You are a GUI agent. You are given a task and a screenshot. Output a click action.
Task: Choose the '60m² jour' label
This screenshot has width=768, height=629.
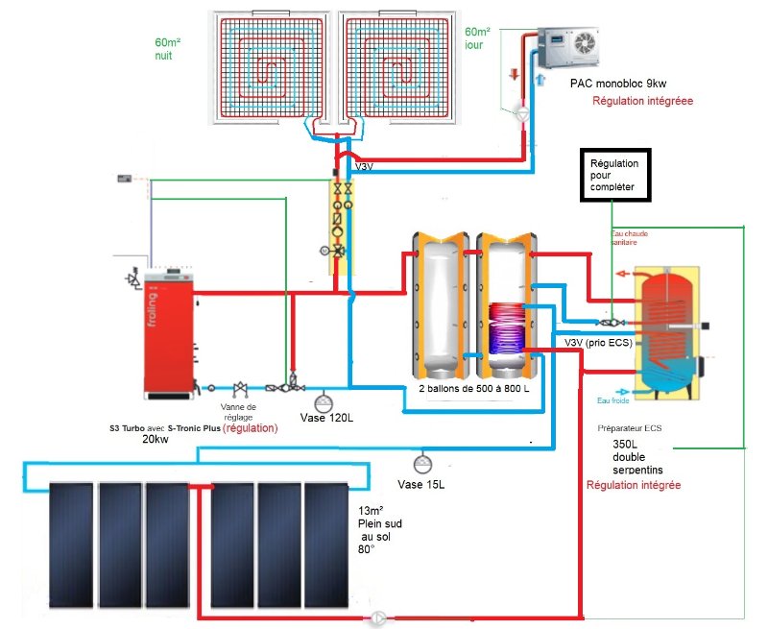coord(477,38)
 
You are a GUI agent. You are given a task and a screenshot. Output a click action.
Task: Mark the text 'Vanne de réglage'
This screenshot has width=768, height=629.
coord(244,412)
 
